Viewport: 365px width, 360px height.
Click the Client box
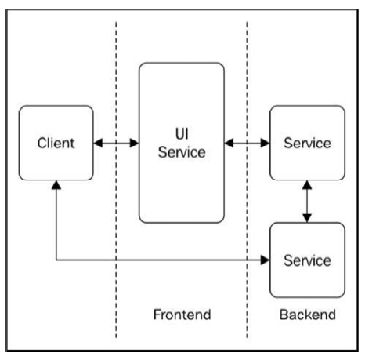coord(56,143)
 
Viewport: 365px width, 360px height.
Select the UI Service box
coord(182,143)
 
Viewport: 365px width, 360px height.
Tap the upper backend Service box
coord(307,143)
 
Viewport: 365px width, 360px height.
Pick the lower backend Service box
coord(307,260)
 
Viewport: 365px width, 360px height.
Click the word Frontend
coord(182,315)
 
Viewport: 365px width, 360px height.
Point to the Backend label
coord(308,315)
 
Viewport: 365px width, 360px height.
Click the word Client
coord(56,143)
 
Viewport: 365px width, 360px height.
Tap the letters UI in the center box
coord(182,134)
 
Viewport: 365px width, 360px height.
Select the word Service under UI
coord(182,152)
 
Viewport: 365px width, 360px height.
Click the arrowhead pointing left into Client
coord(98,143)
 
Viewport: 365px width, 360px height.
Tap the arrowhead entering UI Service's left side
coord(135,143)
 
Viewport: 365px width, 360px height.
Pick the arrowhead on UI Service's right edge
coord(229,143)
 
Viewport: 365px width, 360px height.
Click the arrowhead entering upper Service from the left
coord(266,143)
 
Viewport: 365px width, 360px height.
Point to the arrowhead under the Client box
coord(56,185)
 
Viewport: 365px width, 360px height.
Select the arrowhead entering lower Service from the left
coord(266,260)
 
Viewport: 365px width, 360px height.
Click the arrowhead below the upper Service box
coord(307,185)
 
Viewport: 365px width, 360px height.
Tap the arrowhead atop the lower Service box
coord(307,218)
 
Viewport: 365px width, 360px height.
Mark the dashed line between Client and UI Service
coord(116,180)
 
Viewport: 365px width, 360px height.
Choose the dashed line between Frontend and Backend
coord(247,180)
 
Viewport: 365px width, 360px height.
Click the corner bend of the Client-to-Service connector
coord(56,260)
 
